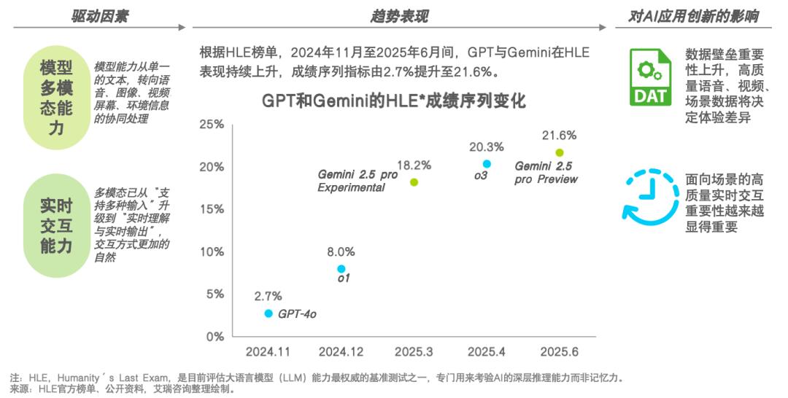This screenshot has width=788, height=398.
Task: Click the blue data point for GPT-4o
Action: [x=269, y=313]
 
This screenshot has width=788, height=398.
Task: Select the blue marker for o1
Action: [x=341, y=269]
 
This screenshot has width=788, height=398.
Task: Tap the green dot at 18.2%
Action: [x=414, y=182]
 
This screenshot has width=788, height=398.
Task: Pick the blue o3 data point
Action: [x=487, y=164]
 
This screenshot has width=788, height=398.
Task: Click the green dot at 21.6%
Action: [x=560, y=152]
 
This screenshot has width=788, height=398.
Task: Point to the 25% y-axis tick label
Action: [x=212, y=125]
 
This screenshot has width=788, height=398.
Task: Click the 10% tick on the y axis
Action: [x=212, y=251]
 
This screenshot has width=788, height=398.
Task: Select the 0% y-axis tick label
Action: [x=215, y=336]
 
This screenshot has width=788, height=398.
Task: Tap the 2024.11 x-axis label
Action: [x=268, y=352]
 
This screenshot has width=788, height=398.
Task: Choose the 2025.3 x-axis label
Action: [x=414, y=352]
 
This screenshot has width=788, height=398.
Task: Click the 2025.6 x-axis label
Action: [x=560, y=352]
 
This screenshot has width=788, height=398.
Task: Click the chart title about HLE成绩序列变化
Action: [x=394, y=101]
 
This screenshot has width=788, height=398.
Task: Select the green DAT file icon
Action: [x=650, y=77]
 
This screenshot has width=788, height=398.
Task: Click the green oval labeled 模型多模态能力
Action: [x=56, y=98]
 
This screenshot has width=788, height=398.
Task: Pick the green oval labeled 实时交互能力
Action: [x=56, y=226]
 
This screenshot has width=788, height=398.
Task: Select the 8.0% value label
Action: [x=341, y=251]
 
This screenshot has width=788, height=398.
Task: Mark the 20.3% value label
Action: [x=487, y=147]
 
